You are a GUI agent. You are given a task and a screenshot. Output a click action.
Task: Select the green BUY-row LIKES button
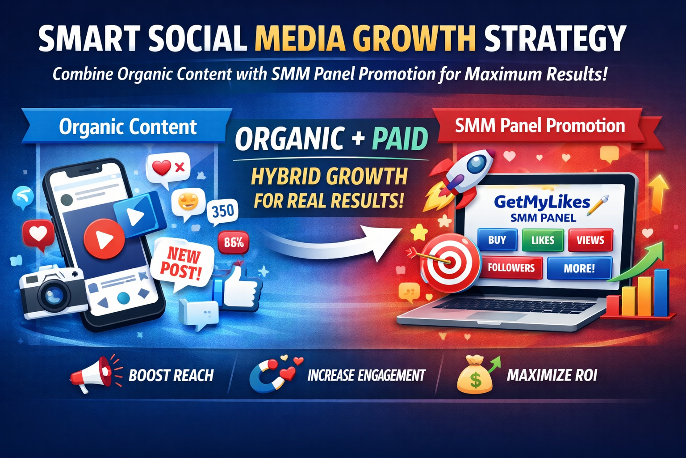pos(543,240)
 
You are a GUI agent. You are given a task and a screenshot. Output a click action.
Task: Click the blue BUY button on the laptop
pos(497,240)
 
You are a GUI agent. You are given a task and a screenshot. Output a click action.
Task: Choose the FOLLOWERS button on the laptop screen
pos(511,268)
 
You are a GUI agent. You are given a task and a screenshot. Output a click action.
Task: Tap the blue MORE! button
pos(579,268)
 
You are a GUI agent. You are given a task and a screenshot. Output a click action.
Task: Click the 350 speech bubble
pos(223,212)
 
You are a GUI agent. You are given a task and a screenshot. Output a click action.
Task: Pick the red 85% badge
pos(234,243)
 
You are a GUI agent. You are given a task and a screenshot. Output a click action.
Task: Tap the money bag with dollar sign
pos(475,376)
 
